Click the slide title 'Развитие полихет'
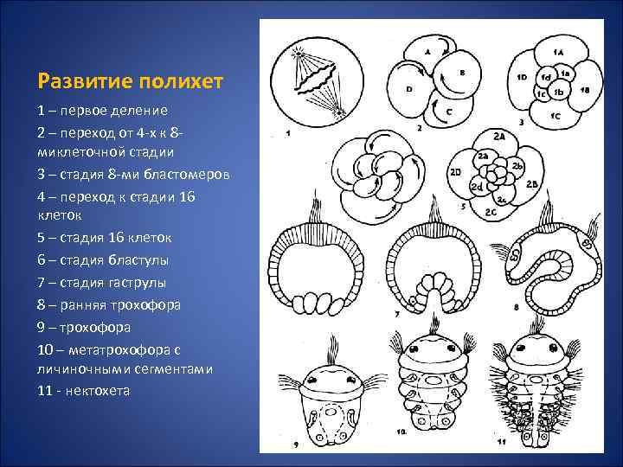pyautogui.click(x=131, y=81)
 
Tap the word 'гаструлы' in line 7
pyautogui.click(x=137, y=283)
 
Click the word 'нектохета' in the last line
pyautogui.click(x=95, y=390)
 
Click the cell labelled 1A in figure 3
pyautogui.click(x=559, y=53)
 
